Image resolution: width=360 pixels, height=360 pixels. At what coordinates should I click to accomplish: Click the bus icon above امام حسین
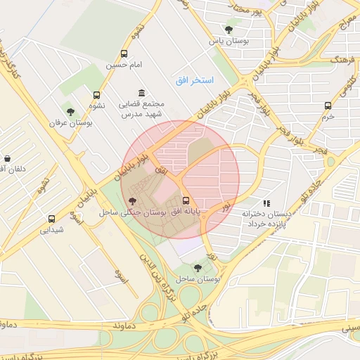coord(124,53)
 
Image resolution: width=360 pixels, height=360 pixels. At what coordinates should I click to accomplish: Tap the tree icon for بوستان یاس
coord(229,29)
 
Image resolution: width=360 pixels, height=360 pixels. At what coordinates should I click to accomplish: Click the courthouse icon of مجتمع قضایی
coord(142,93)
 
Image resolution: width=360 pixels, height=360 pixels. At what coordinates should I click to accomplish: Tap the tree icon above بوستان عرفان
coord(69,111)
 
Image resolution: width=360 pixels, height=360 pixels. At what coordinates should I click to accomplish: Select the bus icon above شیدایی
coord(51,219)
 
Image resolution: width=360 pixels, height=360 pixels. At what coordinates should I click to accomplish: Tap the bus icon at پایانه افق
coord(186,199)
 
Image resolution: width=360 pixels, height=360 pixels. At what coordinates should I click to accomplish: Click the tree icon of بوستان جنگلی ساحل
coord(134,201)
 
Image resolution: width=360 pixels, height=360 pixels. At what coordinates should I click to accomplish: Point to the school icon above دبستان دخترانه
coord(266,202)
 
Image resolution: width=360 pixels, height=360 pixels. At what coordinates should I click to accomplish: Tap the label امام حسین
coord(124,65)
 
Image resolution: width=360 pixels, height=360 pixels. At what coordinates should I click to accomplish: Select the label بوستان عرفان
coord(66,122)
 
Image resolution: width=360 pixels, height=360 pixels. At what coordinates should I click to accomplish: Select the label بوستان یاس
coord(228,41)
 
